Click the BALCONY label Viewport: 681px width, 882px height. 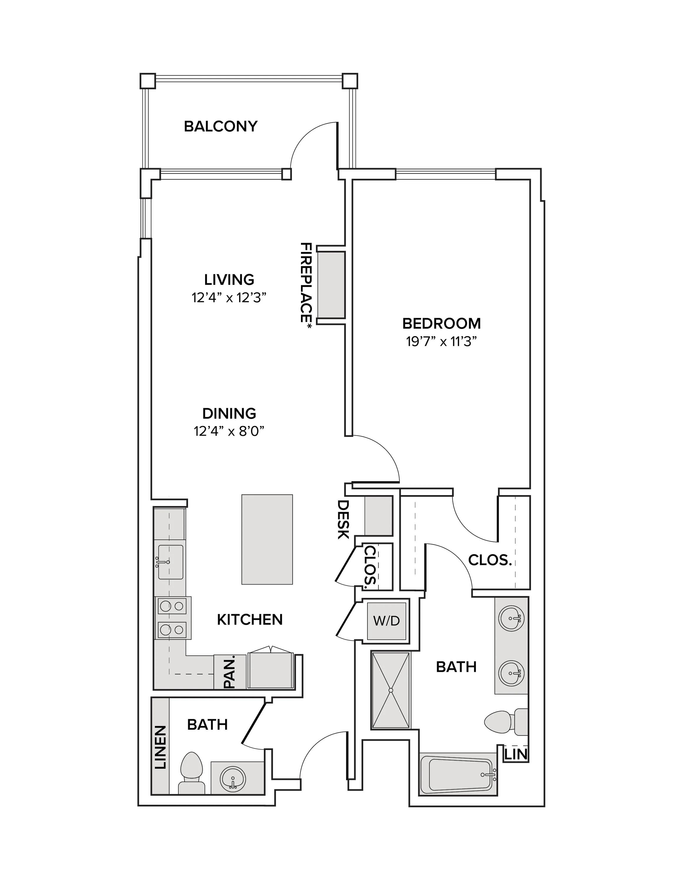(x=220, y=126)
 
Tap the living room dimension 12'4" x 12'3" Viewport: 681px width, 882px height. (x=229, y=298)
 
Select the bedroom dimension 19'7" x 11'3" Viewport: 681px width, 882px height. (x=442, y=342)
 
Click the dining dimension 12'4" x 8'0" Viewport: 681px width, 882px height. (x=229, y=431)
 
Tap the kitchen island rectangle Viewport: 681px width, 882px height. (x=267, y=539)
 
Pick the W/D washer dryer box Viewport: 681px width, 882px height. (x=387, y=620)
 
